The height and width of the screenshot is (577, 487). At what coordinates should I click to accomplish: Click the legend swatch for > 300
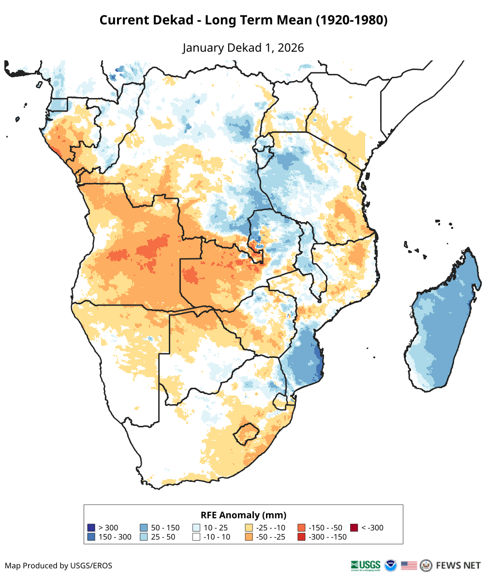coord(91,528)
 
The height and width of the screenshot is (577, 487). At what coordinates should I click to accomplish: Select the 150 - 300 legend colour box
coord(91,537)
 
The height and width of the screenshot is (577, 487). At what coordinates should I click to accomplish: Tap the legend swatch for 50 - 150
coord(144,528)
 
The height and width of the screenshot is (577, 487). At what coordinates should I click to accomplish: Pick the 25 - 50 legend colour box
coord(144,537)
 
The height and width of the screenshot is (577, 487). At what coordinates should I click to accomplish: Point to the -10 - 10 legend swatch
coord(196,537)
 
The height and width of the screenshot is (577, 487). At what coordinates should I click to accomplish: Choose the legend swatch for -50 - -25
coord(249,537)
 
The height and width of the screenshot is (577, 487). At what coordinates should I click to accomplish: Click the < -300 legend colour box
coord(354,528)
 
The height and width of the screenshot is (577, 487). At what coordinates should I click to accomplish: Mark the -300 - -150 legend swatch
coord(301,537)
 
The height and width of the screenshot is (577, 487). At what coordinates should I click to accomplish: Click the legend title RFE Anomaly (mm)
coord(243,515)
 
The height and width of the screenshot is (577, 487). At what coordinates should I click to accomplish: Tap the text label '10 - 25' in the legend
coord(216,528)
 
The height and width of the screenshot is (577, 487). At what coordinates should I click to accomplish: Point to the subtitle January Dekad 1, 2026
coord(243,48)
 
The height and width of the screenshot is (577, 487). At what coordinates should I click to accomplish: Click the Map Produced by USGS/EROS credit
coord(59,565)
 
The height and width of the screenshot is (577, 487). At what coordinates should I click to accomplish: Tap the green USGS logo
coord(366,565)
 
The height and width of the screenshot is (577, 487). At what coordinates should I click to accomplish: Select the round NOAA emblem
coord(390,565)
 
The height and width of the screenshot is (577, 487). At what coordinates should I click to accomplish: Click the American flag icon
coord(409,565)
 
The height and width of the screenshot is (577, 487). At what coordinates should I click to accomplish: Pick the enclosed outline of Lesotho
coord(244,434)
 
